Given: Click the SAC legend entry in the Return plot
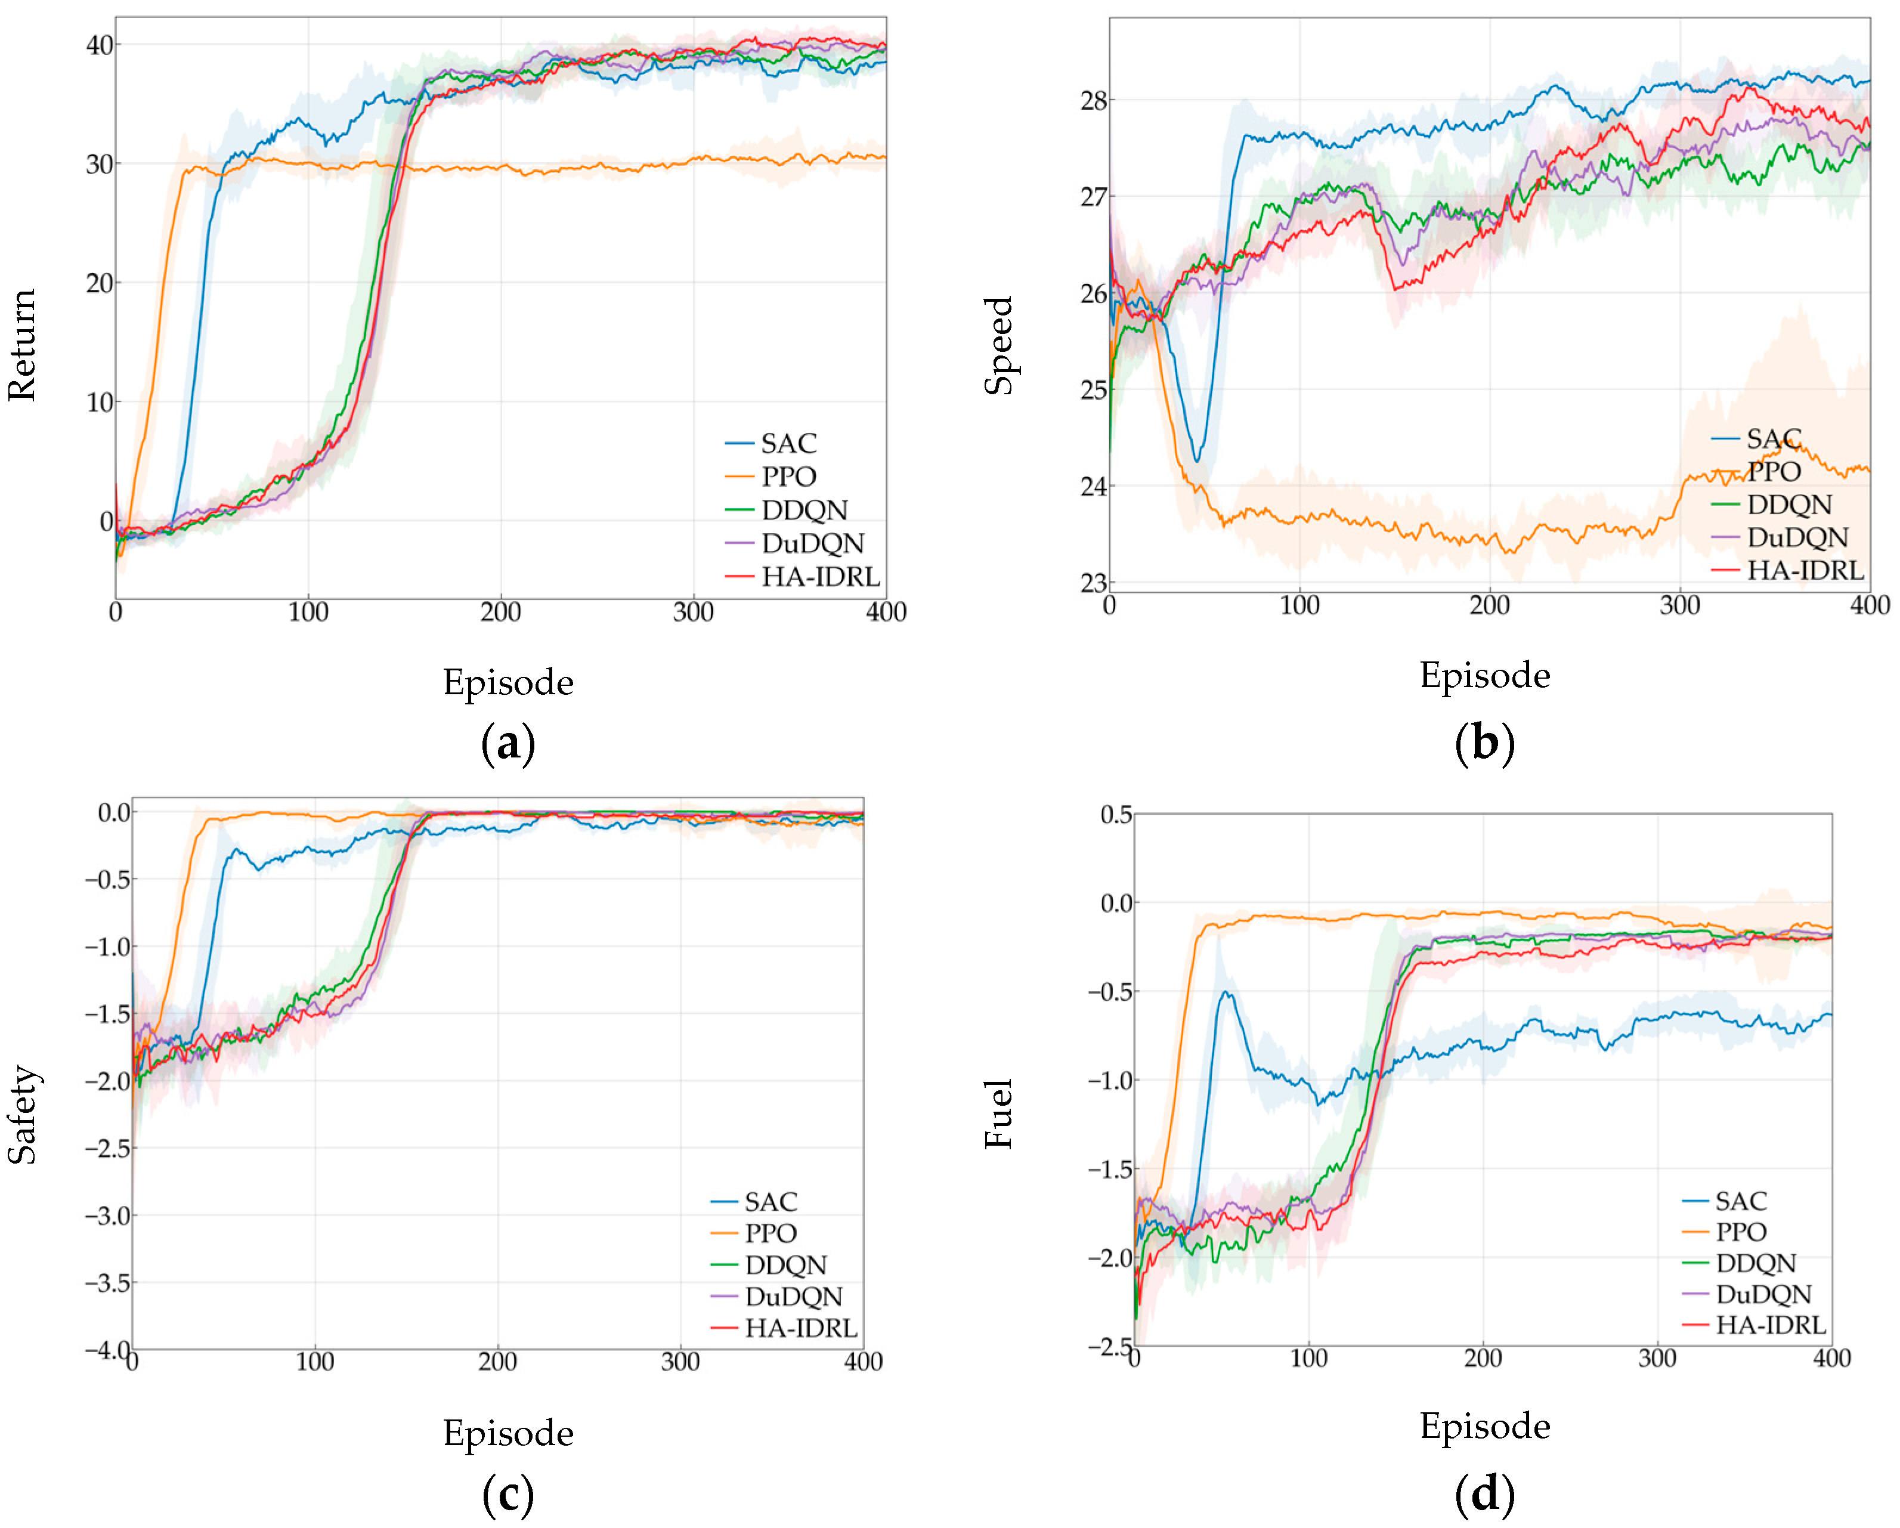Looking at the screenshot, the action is coord(771,443).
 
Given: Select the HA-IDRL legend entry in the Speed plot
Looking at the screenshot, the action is coord(1787,570).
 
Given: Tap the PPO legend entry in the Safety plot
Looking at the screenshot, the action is coord(753,1233).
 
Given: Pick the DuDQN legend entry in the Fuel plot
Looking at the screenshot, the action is coord(1747,1294).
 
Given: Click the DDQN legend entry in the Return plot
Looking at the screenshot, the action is coord(786,509).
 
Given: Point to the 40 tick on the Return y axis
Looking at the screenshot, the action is coord(99,45).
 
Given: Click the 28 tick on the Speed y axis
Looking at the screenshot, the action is coord(1094,100).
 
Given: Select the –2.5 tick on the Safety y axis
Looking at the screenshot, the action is coord(107,1148).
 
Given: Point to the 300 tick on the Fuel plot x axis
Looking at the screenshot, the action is coord(1657,1358).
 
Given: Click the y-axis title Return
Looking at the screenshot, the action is coord(22,345).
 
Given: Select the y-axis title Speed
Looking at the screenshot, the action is coord(998,345).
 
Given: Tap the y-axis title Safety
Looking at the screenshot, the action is coord(22,1115).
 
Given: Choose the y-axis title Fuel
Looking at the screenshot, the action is coord(998,1114).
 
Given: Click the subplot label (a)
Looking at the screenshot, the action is coord(509,743).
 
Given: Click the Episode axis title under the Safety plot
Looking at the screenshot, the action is coord(509,1432).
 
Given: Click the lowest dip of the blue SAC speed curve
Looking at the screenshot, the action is coord(1196,460).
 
